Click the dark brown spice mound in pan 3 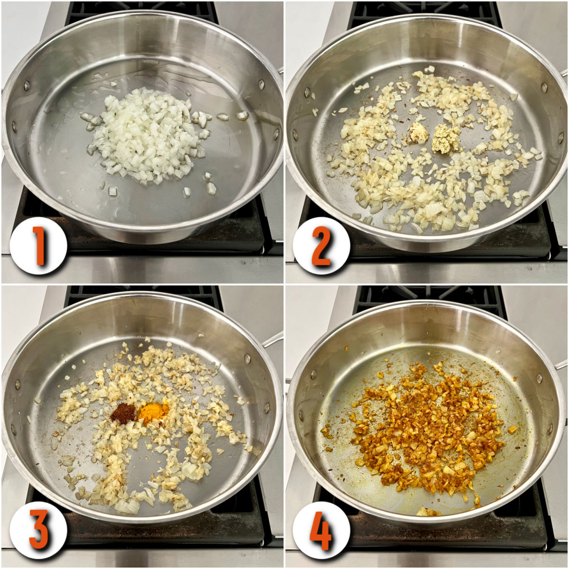[x=123, y=413]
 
